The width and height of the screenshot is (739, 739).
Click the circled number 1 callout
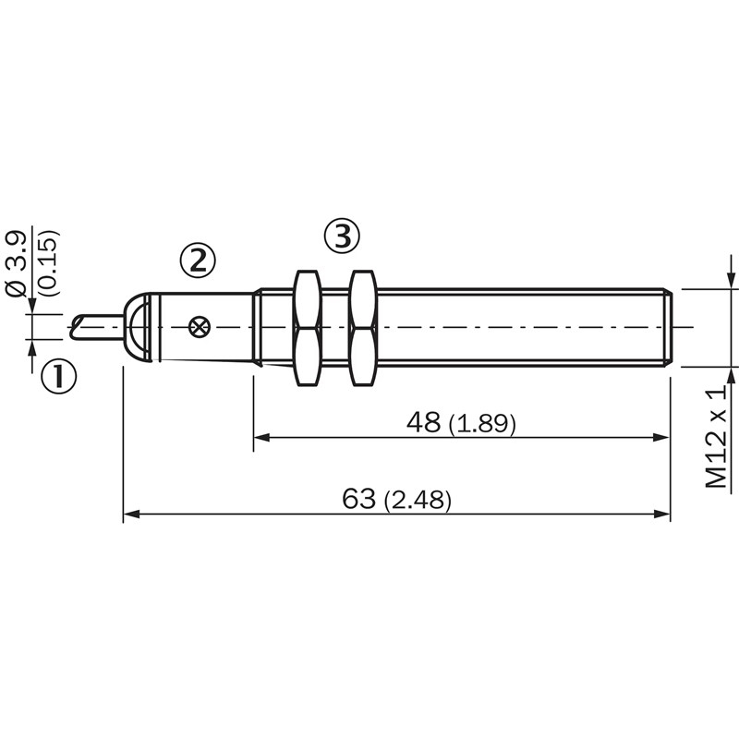click(58, 376)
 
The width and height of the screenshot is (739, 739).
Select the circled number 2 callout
click(198, 260)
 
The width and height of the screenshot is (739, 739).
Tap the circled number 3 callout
click(342, 236)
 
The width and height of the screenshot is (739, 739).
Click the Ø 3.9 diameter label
click(16, 263)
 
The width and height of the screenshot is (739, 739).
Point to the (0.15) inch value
click(49, 262)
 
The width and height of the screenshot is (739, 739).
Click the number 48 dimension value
click(424, 422)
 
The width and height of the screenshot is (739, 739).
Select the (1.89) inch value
click(482, 423)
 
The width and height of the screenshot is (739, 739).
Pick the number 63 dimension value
click(359, 499)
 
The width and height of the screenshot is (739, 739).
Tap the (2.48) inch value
click(418, 500)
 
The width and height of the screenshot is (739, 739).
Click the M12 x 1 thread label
click(717, 436)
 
